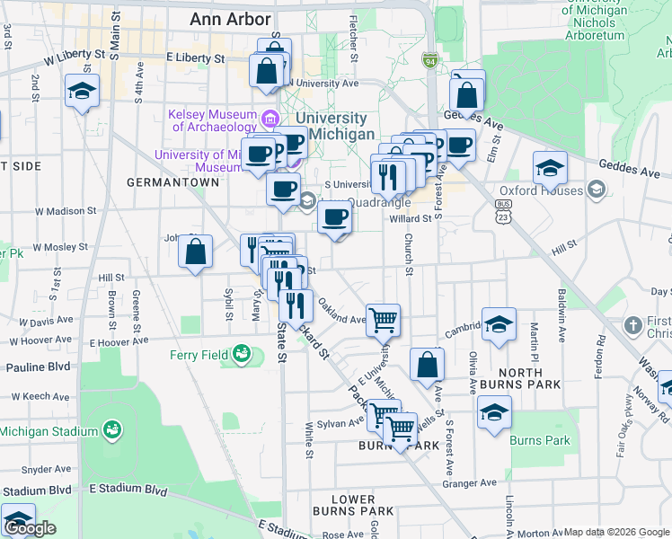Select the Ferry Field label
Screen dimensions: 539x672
point(199,355)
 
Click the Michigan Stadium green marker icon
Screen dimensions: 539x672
point(112,431)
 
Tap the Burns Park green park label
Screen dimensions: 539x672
point(540,440)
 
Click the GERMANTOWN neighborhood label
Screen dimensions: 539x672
point(172,181)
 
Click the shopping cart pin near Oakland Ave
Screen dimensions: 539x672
point(384,320)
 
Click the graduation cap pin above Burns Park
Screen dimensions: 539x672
point(494,412)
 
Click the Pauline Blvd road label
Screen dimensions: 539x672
point(38,367)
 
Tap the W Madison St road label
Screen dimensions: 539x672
point(66,211)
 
